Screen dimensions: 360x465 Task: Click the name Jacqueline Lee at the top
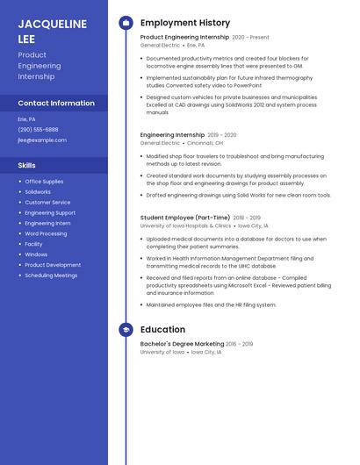[x=53, y=32]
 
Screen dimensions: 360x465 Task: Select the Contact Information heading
[x=56, y=103]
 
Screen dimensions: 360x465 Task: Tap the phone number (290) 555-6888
[x=38, y=129]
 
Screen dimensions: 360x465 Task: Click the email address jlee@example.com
[x=42, y=139]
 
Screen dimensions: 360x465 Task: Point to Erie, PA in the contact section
[x=26, y=118]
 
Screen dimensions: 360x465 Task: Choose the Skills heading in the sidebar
[x=27, y=165]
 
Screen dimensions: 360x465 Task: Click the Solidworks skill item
[x=38, y=191]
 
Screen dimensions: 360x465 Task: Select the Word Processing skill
[x=46, y=233]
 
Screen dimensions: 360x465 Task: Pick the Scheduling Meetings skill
[x=51, y=275]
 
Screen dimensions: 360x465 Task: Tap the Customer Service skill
[x=47, y=202]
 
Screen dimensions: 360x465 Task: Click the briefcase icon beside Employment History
[x=126, y=23]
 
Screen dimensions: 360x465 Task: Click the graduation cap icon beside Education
[x=126, y=330]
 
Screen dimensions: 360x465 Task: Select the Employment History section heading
[x=185, y=23]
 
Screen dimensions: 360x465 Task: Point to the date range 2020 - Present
[x=250, y=38]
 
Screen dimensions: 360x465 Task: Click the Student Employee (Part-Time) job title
[x=184, y=218]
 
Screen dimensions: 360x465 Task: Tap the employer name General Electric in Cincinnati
[x=160, y=142]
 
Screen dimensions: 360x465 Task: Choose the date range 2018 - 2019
[x=247, y=218]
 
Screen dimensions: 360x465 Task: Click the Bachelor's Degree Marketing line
[x=182, y=344]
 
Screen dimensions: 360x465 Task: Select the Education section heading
[x=162, y=330]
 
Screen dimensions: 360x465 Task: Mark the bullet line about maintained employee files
[x=211, y=304]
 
